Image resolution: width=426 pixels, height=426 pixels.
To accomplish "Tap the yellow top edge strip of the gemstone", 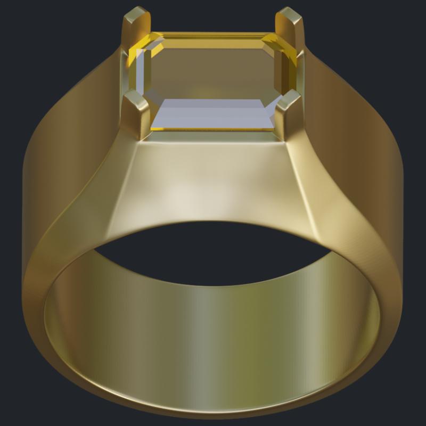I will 213,36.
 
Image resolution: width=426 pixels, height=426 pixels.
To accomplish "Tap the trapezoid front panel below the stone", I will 213,181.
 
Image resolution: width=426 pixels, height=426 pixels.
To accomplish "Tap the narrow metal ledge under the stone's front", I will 213,136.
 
